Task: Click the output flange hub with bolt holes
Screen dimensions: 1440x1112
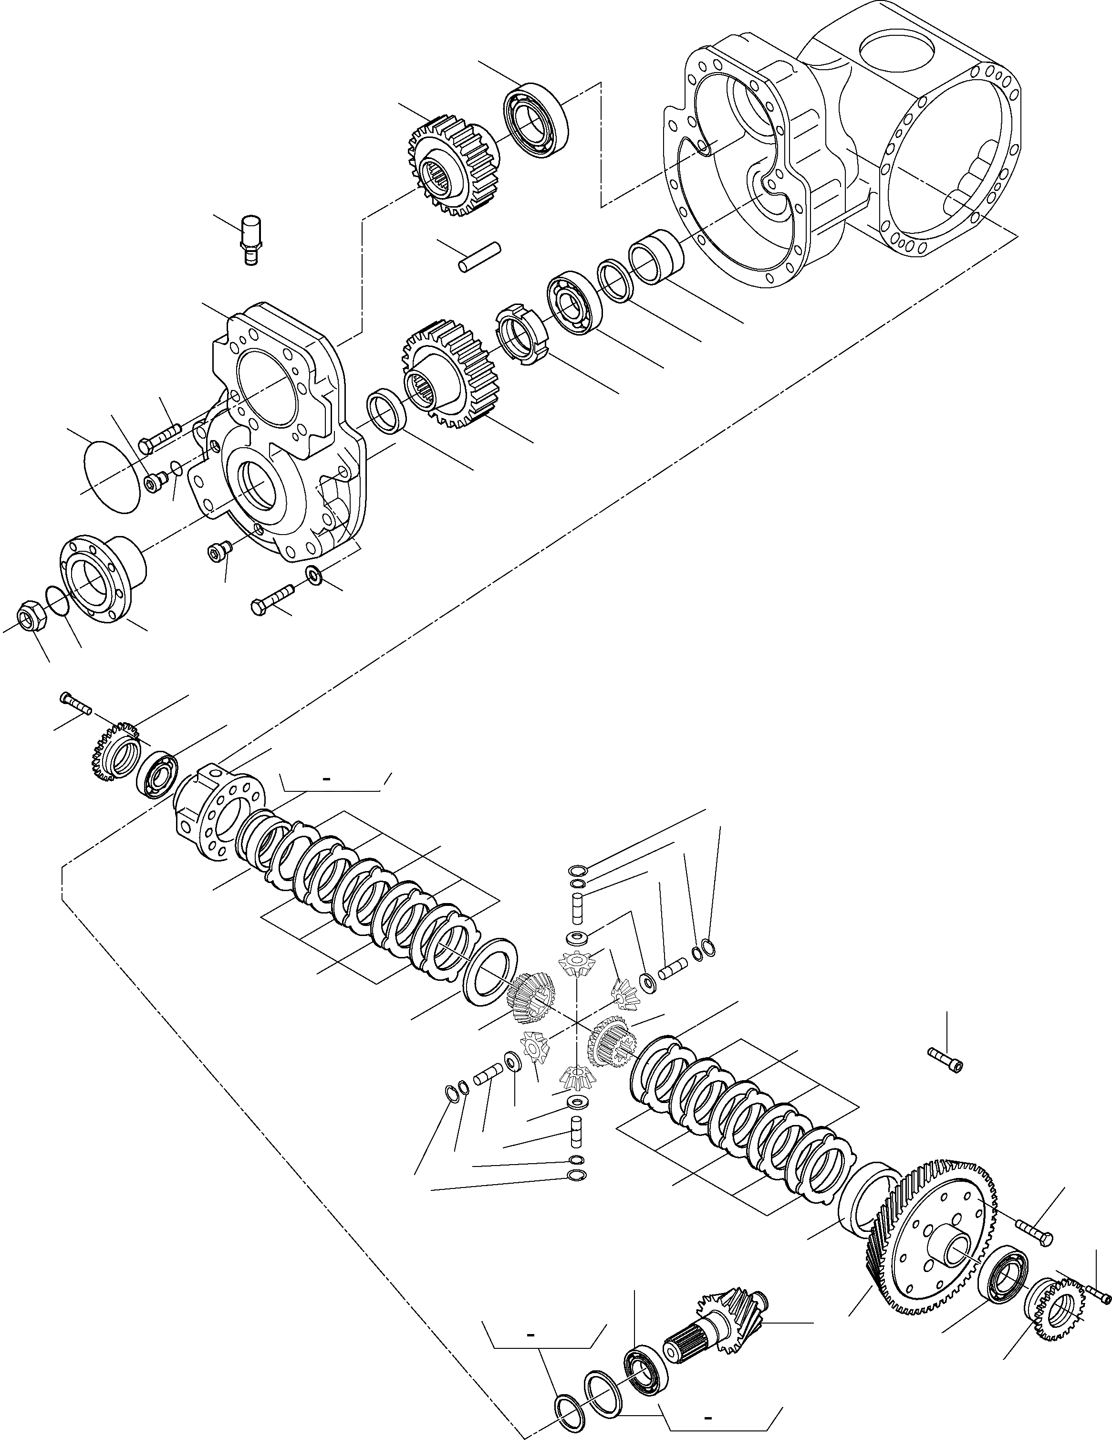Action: [102, 578]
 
